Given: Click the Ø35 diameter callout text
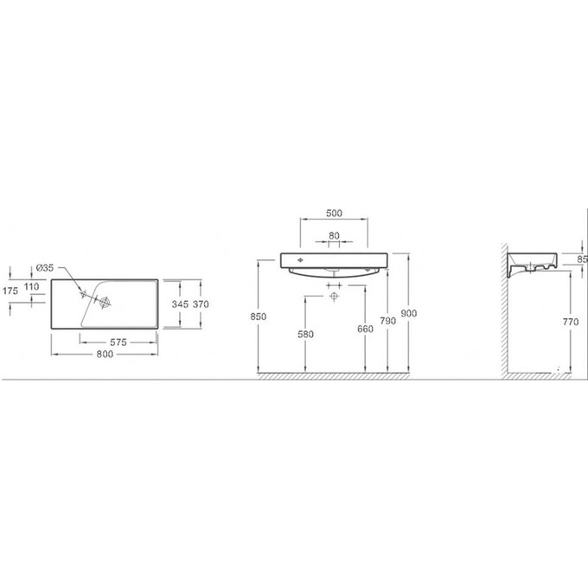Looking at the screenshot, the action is (45, 268).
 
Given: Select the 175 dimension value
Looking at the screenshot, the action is (10, 291).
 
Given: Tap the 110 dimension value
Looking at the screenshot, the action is (31, 287).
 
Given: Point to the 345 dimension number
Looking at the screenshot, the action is (180, 304).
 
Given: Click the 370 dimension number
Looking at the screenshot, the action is (201, 304).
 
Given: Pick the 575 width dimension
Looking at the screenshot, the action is (118, 342).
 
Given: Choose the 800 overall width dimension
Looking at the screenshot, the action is (105, 354).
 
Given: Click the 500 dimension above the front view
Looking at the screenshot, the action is (334, 213).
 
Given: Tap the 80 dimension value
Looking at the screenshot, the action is (334, 235).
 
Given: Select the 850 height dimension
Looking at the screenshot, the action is (259, 316).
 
